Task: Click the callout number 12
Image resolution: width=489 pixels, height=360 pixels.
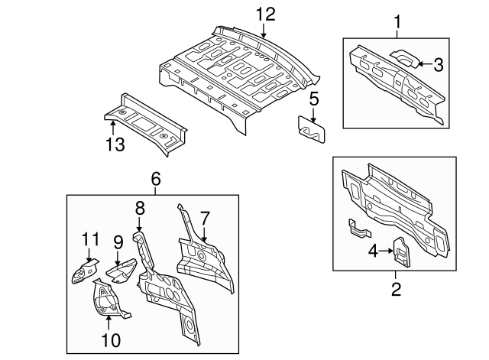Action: (x=264, y=13)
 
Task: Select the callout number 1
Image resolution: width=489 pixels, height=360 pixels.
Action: (x=397, y=22)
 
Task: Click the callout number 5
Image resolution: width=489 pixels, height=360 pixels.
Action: (x=313, y=98)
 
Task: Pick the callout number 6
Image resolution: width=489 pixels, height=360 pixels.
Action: (x=156, y=179)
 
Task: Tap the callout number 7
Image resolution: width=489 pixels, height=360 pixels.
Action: (x=205, y=219)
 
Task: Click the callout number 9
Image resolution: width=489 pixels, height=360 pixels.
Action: (x=118, y=242)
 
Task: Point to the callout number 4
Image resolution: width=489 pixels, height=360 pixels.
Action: (x=372, y=249)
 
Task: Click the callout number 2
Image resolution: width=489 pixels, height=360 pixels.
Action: (x=396, y=289)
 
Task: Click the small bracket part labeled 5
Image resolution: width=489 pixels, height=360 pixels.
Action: (x=312, y=127)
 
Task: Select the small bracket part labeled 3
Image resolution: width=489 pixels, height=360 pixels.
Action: (x=403, y=57)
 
